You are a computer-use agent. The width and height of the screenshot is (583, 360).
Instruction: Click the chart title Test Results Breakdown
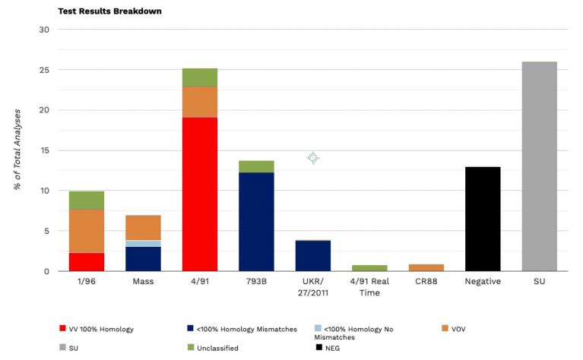click(x=109, y=11)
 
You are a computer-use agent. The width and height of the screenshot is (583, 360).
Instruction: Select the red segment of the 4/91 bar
click(x=200, y=194)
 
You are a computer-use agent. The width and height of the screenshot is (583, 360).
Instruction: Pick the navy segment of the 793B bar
click(x=256, y=221)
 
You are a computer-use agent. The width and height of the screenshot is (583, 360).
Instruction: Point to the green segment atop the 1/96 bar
click(x=87, y=201)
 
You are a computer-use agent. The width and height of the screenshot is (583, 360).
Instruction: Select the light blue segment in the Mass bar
click(x=143, y=244)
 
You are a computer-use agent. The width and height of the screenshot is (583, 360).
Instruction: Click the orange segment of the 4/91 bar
click(x=200, y=102)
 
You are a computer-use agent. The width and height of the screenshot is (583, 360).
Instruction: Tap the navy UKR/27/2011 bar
click(x=312, y=256)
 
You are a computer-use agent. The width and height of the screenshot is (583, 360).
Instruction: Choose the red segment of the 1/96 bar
click(x=87, y=262)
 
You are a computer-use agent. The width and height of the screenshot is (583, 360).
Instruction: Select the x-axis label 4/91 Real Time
click(x=369, y=288)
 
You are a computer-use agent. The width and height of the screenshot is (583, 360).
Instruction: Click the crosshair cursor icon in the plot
click(x=312, y=158)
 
